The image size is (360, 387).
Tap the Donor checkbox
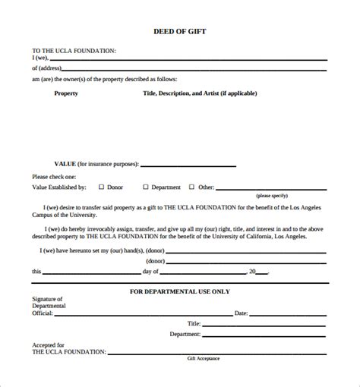tap(103, 186)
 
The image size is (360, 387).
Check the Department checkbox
tap(146, 186)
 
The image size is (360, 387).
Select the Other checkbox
tap(191, 186)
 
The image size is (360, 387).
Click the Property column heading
tap(66, 93)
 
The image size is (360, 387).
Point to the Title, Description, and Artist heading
tap(200, 93)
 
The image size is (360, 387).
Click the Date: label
tap(242, 313)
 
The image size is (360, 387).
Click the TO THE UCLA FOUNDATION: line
tap(74, 49)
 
